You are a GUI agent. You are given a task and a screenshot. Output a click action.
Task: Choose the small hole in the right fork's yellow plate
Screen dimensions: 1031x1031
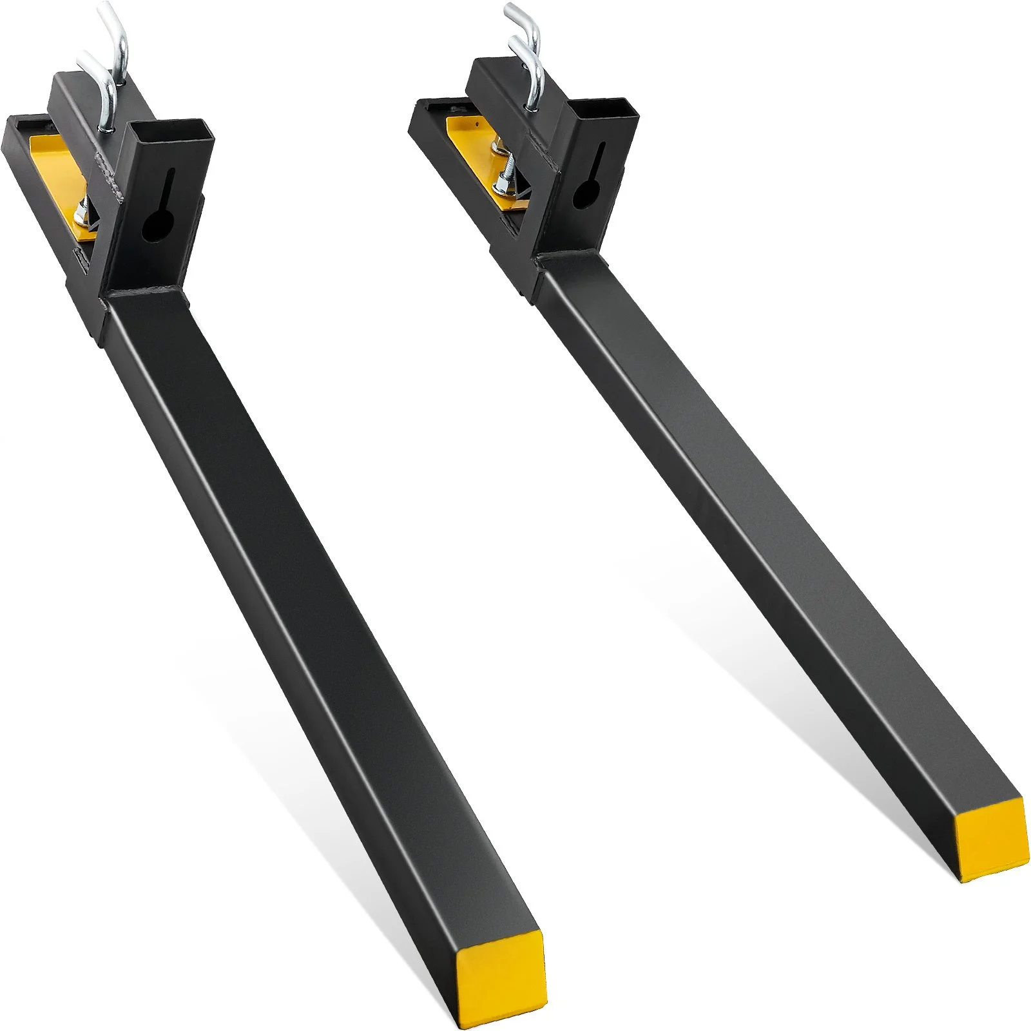[475, 120]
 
